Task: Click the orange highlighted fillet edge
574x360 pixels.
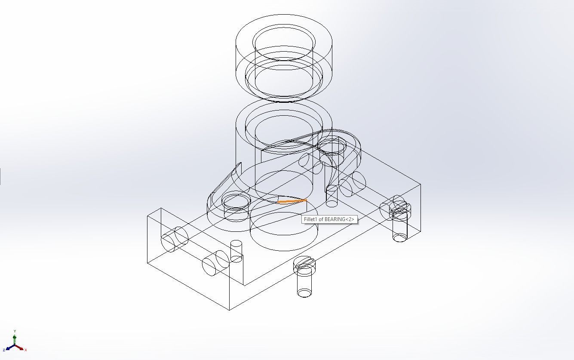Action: point(292,201)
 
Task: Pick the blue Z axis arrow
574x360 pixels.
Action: point(9,348)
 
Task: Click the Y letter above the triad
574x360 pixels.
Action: point(15,331)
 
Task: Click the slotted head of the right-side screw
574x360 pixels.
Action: point(400,210)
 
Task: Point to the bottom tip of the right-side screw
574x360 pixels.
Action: point(400,237)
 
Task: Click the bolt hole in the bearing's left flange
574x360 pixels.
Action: point(236,201)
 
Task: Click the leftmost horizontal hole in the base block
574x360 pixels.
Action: point(174,240)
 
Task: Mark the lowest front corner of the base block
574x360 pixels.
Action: point(230,310)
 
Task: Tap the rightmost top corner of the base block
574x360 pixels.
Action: point(420,185)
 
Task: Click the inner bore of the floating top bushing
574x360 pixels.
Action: point(284,43)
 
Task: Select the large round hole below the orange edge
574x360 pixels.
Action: point(284,224)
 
